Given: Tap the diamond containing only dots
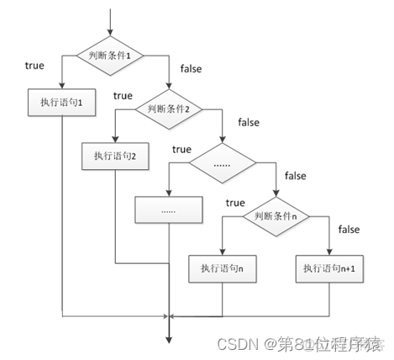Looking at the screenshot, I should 222,162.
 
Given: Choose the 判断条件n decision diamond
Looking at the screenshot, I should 275,216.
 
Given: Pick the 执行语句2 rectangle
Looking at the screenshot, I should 116,156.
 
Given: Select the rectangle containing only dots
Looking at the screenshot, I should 169,209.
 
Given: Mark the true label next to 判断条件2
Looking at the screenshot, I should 123,95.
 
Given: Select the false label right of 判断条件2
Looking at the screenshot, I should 249,123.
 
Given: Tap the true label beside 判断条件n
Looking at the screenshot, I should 235,203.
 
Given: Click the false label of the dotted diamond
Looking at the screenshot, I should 296,176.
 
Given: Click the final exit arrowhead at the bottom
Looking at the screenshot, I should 169,338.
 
